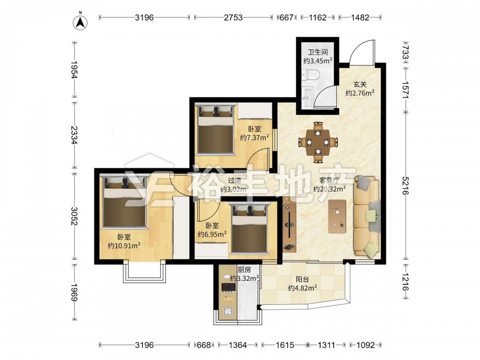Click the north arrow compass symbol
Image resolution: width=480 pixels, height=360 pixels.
[x=80, y=23]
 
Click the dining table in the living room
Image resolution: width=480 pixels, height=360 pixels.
[x=318, y=142]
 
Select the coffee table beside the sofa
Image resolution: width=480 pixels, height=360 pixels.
[x=337, y=216]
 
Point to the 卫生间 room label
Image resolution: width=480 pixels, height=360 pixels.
[x=318, y=52]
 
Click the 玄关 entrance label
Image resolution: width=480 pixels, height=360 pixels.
[x=360, y=84]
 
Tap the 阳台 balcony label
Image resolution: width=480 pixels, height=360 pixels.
[x=302, y=279]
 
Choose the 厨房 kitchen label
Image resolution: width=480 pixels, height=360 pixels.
[x=244, y=270]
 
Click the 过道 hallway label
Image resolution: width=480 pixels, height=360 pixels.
[x=235, y=180]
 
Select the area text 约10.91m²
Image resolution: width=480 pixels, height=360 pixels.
[x=124, y=245]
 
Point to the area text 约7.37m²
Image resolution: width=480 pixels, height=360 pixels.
[x=255, y=137]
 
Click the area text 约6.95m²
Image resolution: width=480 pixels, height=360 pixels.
[x=212, y=234]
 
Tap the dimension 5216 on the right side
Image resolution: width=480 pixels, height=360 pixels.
[x=406, y=185]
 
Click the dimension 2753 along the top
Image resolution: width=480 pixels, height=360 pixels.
[x=233, y=17]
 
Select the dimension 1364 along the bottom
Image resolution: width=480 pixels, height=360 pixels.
[x=238, y=345]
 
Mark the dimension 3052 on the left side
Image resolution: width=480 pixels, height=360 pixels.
[x=74, y=216]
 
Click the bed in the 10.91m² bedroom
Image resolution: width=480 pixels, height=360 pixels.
[x=124, y=202]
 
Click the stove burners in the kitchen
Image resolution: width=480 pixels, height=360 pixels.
[x=228, y=287]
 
